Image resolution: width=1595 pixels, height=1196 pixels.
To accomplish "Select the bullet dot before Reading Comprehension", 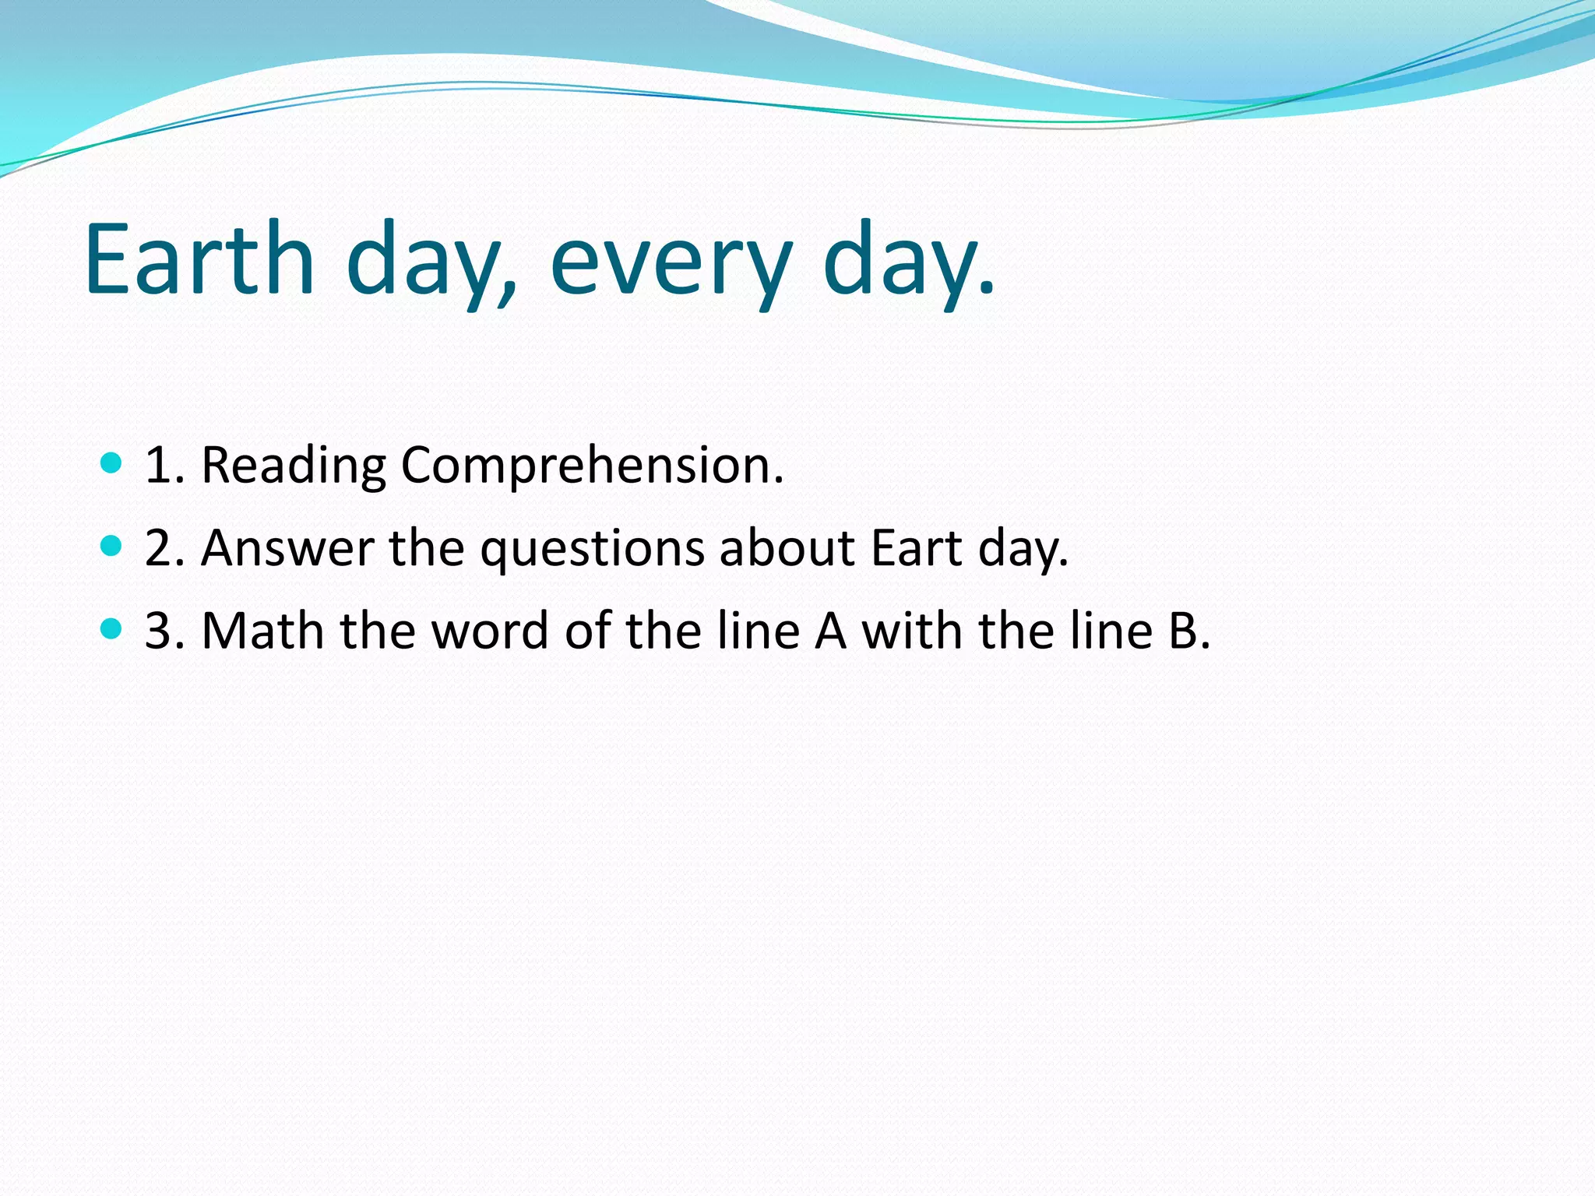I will (x=112, y=463).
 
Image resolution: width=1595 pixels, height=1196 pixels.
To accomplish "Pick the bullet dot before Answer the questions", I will (x=112, y=546).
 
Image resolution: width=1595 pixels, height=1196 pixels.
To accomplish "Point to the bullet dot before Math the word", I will (x=112, y=628).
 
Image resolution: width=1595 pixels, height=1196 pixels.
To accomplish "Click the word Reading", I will (x=293, y=466).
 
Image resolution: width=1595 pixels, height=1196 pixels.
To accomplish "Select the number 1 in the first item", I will (x=158, y=466).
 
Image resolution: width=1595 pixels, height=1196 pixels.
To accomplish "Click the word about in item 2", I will (x=787, y=548).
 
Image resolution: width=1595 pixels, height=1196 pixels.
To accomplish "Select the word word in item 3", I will (x=490, y=631).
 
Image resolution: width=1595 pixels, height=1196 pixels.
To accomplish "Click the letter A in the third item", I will (x=830, y=631).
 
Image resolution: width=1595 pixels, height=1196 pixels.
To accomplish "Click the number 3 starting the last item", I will (x=158, y=631).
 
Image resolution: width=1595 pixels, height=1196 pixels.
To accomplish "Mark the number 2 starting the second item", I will (x=158, y=548).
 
